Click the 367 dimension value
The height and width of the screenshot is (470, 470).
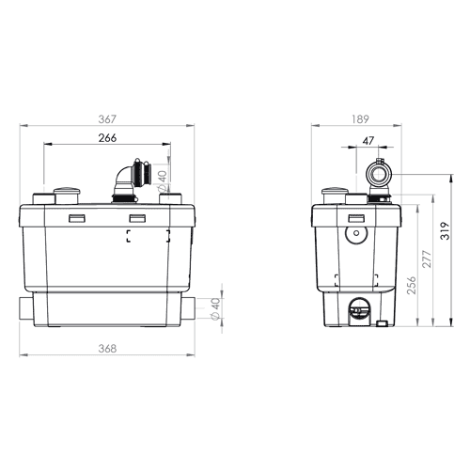click(x=107, y=119)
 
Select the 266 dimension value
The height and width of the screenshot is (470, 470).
click(x=107, y=138)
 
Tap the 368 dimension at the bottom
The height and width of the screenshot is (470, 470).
click(x=107, y=349)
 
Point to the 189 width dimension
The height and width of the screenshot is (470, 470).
click(x=360, y=119)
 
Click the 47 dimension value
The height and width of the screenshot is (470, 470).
click(x=368, y=141)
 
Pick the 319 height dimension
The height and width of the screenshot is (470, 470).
click(x=445, y=231)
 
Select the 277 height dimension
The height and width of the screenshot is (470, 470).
click(x=427, y=258)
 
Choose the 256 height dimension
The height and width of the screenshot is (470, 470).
click(x=411, y=285)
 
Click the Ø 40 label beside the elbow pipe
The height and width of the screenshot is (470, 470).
click(x=163, y=181)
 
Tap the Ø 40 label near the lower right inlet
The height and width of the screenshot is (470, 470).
click(x=216, y=309)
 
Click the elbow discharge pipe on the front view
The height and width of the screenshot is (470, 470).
click(x=131, y=180)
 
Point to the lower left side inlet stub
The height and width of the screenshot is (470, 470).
click(x=26, y=308)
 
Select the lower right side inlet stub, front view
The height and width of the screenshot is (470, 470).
click(x=188, y=308)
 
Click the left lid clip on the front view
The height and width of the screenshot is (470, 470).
click(x=77, y=218)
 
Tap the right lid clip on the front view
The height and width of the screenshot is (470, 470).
click(x=137, y=218)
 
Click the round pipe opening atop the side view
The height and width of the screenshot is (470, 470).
click(x=379, y=174)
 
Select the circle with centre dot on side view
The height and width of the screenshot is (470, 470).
click(x=356, y=233)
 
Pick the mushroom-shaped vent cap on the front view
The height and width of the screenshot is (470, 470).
click(x=67, y=196)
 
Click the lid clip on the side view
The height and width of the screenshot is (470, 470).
click(x=356, y=218)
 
